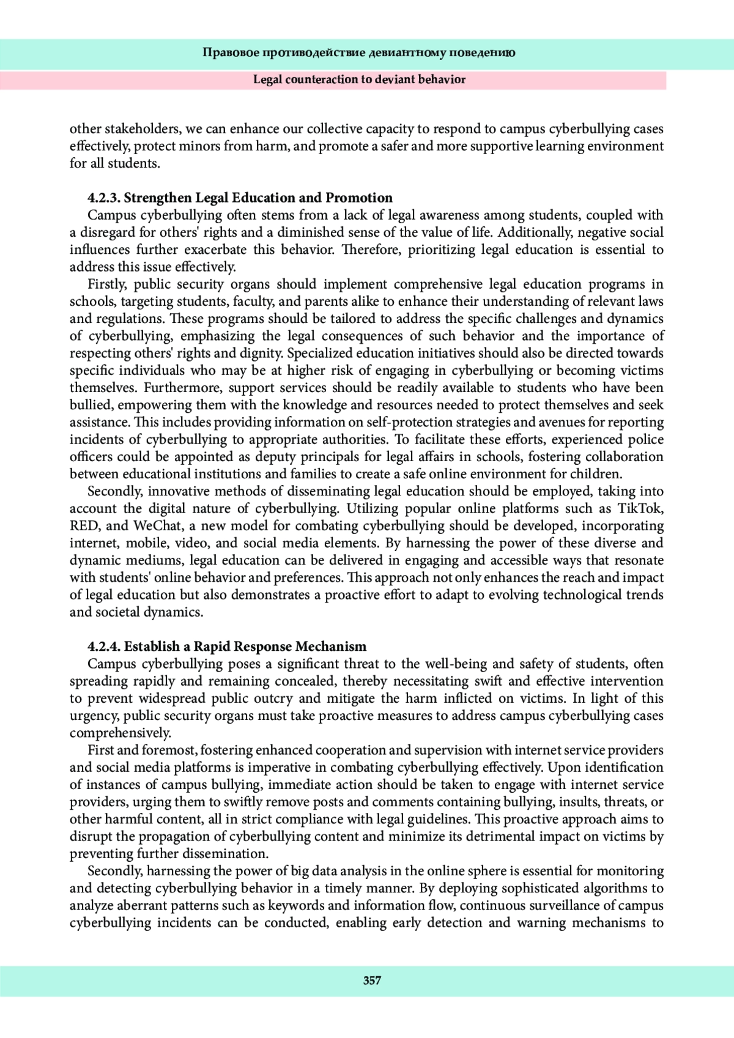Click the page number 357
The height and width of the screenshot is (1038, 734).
click(x=372, y=981)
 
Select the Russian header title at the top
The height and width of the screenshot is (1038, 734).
click(x=358, y=53)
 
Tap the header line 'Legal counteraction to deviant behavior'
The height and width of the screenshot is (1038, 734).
click(x=359, y=80)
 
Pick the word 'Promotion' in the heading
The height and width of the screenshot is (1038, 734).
click(x=359, y=198)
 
